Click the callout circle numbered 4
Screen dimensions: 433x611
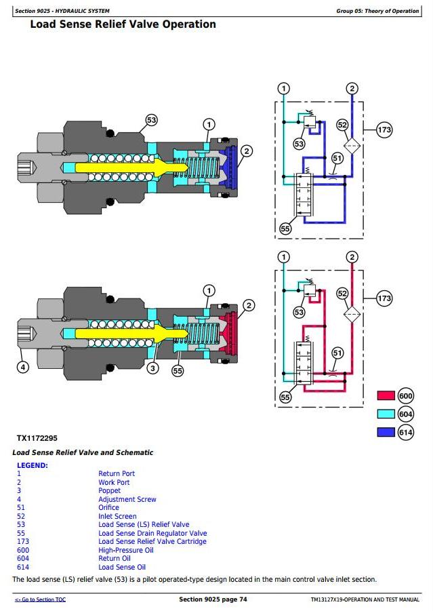[23, 367]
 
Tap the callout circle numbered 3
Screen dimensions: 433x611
[152, 368]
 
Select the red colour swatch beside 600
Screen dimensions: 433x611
[386, 395]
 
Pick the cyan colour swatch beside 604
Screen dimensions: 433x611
[386, 414]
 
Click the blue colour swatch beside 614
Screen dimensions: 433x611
[386, 432]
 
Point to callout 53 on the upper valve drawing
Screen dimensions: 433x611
[152, 121]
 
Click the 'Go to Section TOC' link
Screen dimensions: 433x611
[40, 599]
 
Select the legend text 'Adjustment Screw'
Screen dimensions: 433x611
[127, 499]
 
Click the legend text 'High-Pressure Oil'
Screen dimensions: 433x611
[126, 550]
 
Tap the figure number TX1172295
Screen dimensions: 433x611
[37, 438]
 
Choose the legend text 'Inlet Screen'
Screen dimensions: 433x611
[117, 516]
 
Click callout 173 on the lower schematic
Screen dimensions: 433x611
[384, 298]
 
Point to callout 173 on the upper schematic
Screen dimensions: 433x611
[384, 130]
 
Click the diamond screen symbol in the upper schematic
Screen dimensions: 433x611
[352, 146]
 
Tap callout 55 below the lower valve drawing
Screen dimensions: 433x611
[178, 371]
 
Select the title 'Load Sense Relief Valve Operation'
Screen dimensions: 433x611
[123, 24]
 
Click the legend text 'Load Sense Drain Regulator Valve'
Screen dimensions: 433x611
[152, 533]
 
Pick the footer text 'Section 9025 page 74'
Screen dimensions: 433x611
[213, 599]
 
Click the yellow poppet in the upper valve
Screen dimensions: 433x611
[129, 168]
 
